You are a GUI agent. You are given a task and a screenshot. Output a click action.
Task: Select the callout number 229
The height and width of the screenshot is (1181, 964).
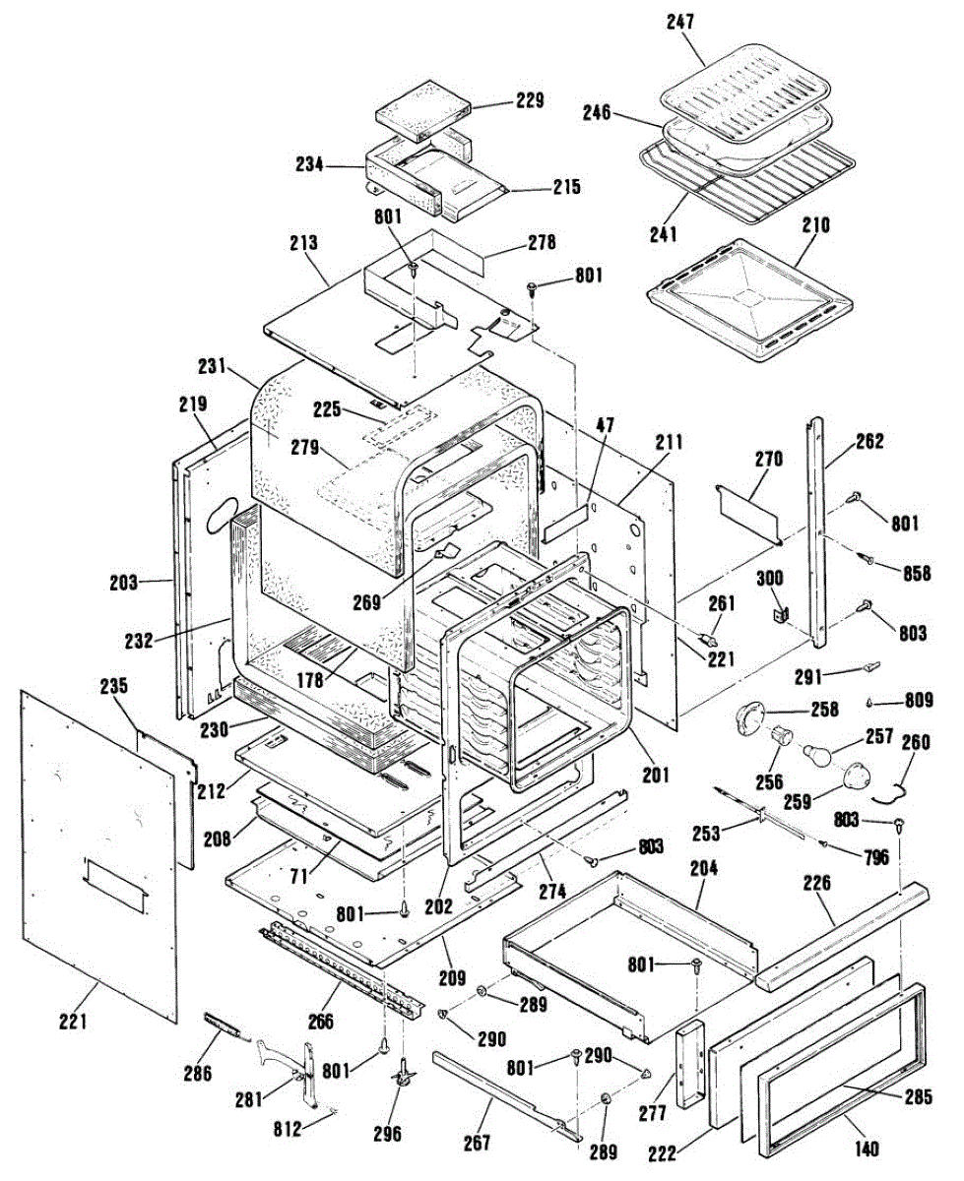click(x=528, y=101)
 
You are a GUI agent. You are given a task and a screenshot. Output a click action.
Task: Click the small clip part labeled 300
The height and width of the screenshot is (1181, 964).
click(x=781, y=614)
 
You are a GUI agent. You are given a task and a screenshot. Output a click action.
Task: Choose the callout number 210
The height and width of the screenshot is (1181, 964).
click(x=816, y=225)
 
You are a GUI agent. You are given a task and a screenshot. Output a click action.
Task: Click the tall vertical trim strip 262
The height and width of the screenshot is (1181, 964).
click(x=817, y=531)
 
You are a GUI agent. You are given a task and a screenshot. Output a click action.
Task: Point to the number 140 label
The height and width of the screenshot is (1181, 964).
click(x=868, y=1149)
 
